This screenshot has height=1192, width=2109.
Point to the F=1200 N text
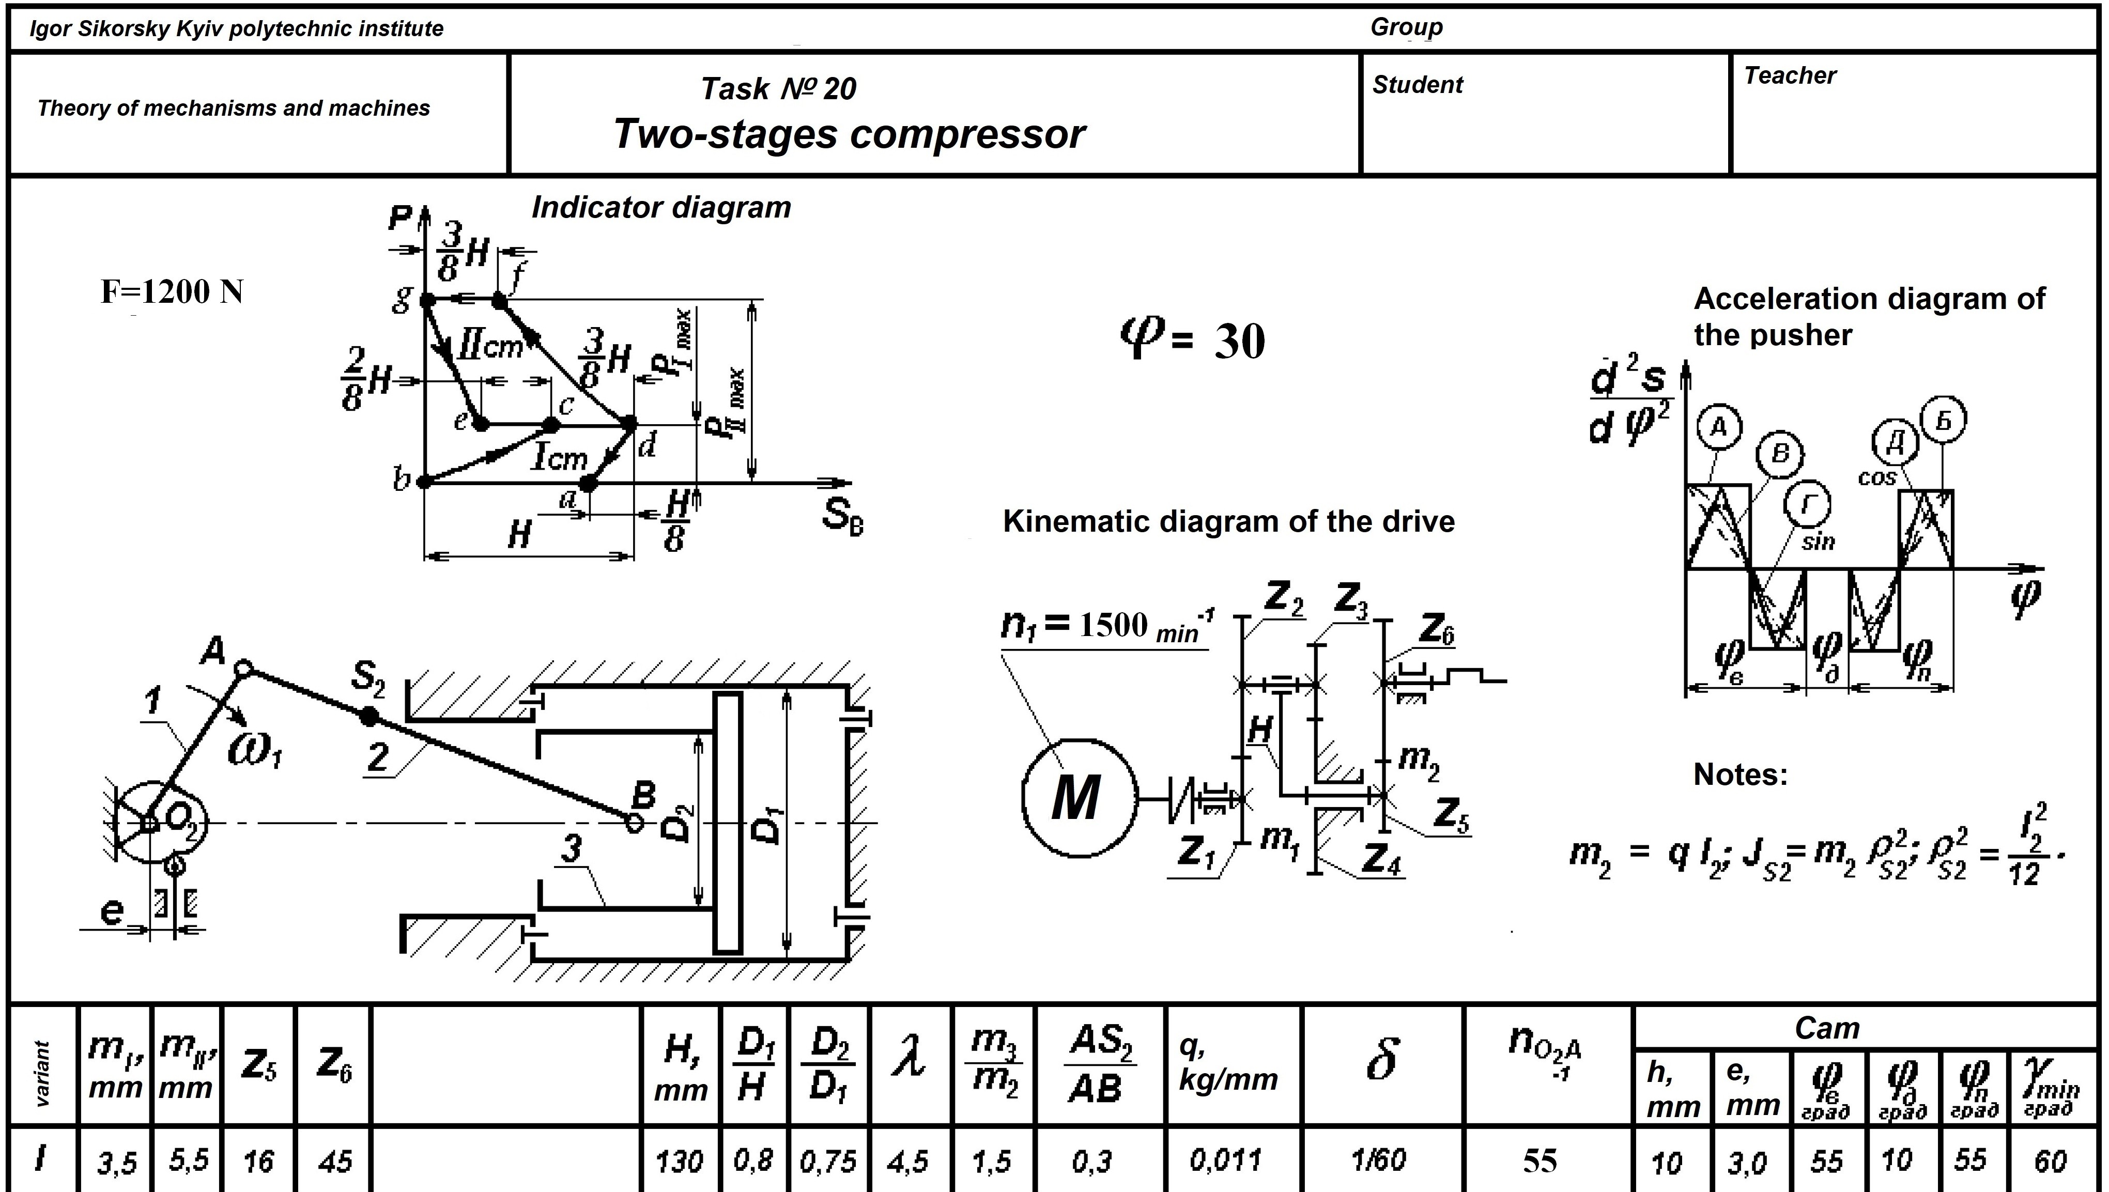pyautogui.click(x=172, y=292)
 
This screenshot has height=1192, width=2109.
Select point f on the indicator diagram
pyautogui.click(x=499, y=301)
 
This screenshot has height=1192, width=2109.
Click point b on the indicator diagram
pyautogui.click(x=424, y=482)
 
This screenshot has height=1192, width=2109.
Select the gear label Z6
pyautogui.click(x=1436, y=629)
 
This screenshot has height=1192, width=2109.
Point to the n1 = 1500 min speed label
pyautogui.click(x=1105, y=626)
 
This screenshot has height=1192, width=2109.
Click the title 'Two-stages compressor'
pyautogui.click(x=849, y=134)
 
